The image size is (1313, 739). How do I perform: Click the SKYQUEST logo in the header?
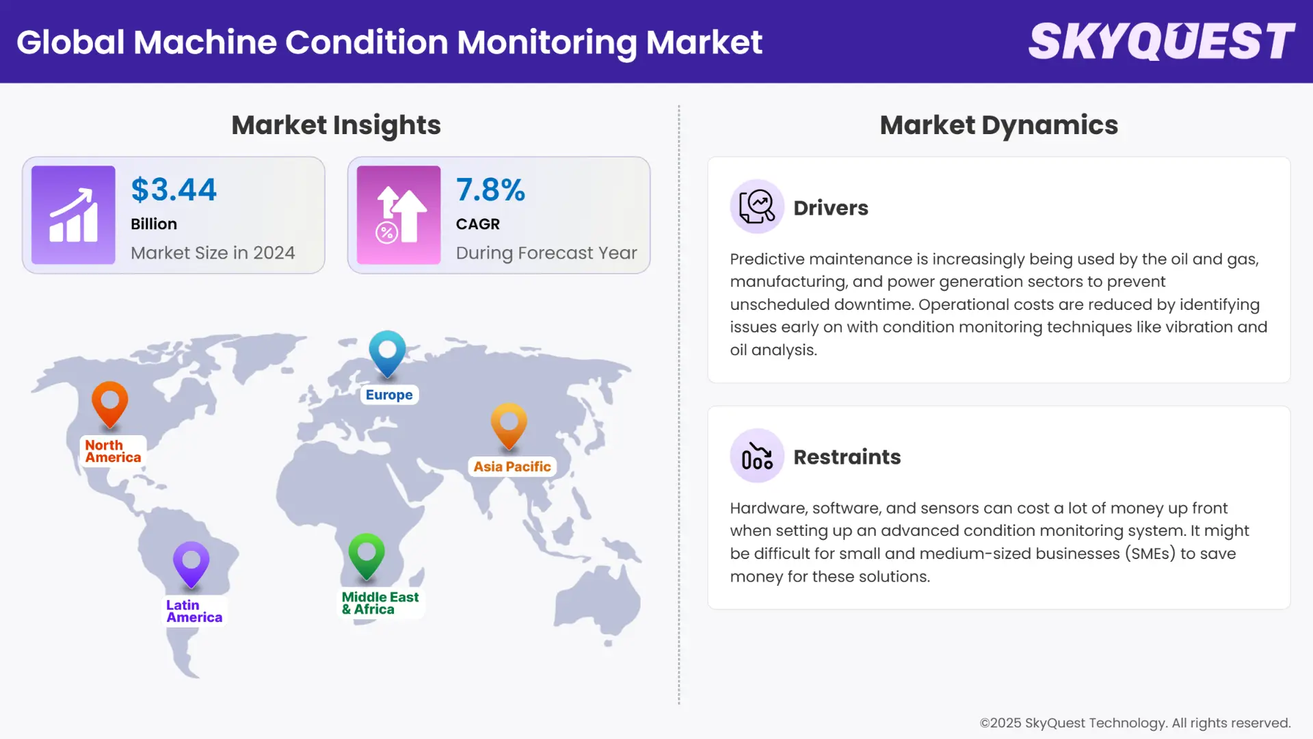point(1161,42)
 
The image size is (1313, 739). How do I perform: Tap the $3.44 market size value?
point(174,190)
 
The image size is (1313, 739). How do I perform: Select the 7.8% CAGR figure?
point(490,190)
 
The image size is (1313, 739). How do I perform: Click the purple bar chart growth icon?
point(73,215)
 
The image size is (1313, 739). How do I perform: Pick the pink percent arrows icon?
point(399,215)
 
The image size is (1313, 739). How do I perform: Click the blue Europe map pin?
point(387,352)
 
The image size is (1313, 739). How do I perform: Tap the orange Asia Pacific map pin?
point(509,424)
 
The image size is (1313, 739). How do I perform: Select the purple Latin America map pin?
point(191,562)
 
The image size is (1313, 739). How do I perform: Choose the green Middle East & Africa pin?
point(367,554)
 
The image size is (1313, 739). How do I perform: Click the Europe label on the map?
point(389,395)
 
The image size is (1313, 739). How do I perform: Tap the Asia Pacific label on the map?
point(512,467)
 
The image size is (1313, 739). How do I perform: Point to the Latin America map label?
point(194,611)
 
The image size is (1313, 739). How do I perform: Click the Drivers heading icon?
point(757,207)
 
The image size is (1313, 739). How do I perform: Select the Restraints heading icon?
point(757,456)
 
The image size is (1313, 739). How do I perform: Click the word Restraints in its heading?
point(847,456)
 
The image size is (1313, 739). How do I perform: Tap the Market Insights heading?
point(336,125)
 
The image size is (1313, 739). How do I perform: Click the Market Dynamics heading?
point(998,125)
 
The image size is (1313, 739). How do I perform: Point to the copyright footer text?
point(1135,723)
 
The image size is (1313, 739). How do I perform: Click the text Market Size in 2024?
point(213,252)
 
